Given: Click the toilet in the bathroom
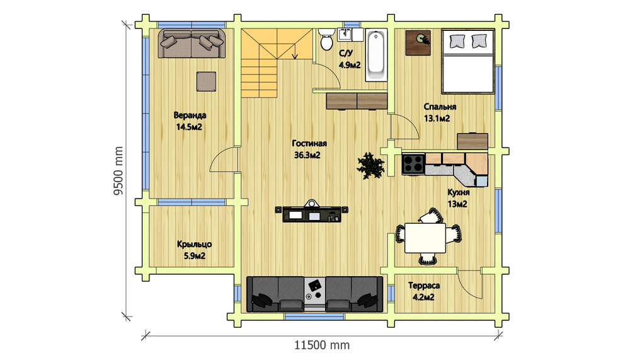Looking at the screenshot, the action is coord(326,39).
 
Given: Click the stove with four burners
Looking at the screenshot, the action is coord(413,164).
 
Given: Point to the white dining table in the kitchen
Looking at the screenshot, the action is coord(425,238).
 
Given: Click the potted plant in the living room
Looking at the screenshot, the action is coord(371,165).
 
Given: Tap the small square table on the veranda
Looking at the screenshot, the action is coord(206,82).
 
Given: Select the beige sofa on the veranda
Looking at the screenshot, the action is coord(192,44).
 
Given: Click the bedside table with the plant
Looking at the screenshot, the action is coord(418,43).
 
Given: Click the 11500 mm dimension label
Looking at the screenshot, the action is coord(322,345).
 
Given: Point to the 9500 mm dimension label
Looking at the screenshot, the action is coord(118,171).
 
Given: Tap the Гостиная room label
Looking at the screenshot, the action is coord(309,143).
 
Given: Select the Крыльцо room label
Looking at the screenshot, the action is coord(195,244).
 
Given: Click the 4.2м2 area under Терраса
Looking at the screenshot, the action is coord(423,298).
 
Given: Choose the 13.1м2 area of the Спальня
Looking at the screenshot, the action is coord(437,119).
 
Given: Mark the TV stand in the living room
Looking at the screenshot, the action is coord(312,212).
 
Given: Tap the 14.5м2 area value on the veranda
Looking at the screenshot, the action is coord(189,127).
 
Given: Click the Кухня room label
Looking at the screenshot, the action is coord(459,192).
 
